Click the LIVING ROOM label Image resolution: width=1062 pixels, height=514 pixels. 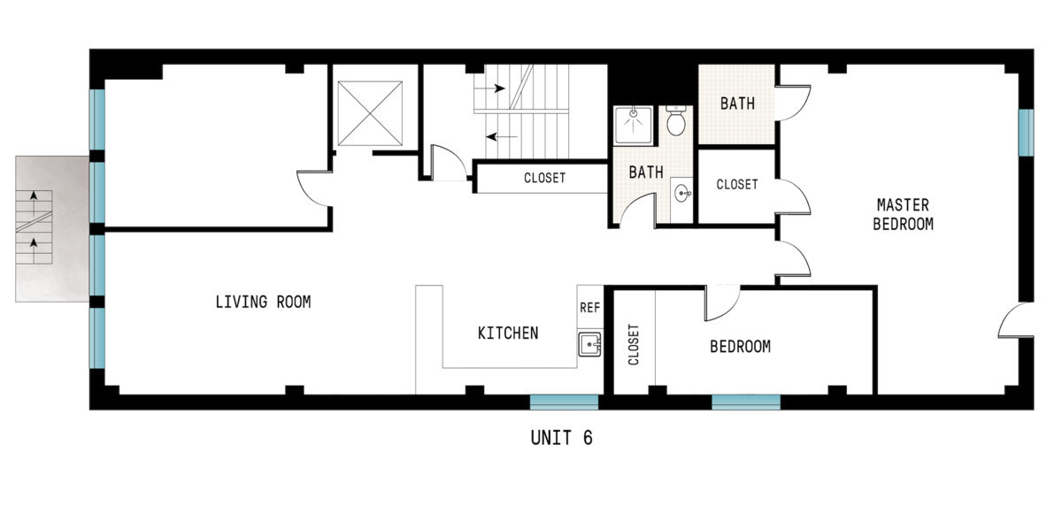[263, 303]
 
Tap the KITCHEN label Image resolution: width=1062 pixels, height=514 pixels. [508, 334]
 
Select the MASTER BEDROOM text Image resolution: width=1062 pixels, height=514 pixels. [903, 214]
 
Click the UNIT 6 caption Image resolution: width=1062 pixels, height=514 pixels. [561, 438]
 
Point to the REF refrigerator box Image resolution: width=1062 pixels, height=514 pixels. [589, 308]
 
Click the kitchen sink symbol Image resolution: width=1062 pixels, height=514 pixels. [589, 343]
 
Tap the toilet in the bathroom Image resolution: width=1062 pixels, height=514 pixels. [677, 120]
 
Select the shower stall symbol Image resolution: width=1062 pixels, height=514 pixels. [634, 125]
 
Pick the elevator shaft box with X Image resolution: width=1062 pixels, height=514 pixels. [371, 112]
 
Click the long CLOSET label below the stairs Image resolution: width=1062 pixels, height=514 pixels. [544, 178]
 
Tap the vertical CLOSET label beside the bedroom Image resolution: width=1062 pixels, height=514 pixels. [634, 345]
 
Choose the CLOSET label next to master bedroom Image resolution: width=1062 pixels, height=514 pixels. [736, 185]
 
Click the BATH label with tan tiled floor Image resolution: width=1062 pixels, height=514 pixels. [737, 104]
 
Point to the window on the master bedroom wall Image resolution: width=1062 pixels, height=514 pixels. [1026, 131]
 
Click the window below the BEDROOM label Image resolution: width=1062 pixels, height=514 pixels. [746, 402]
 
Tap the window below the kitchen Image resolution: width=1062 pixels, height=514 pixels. [564, 402]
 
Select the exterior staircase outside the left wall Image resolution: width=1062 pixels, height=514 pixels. [51, 229]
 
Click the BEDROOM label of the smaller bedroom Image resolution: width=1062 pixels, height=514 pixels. [740, 347]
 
